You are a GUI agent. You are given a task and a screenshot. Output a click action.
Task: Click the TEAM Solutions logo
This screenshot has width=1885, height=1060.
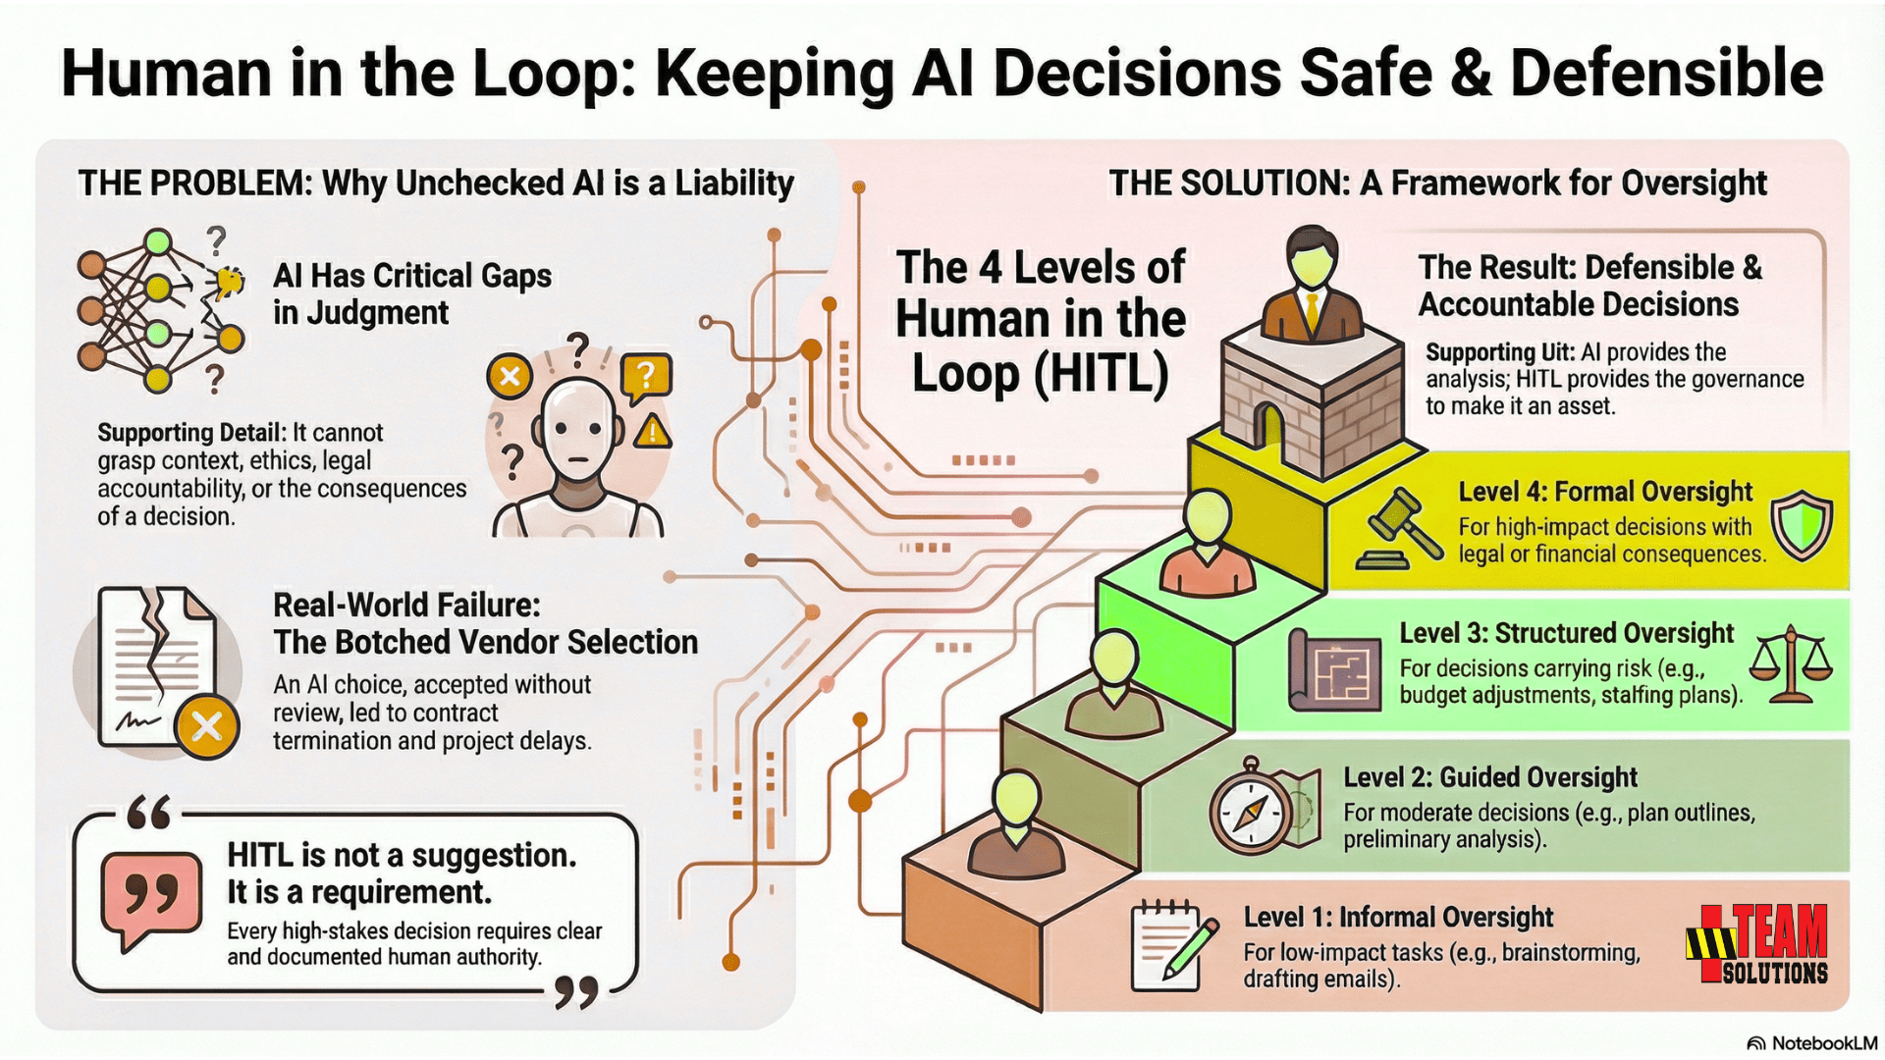click(x=1757, y=944)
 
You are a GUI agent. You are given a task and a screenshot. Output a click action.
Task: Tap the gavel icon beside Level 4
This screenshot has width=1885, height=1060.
click(x=1399, y=530)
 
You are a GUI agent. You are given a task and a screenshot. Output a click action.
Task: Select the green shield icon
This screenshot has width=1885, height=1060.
click(x=1802, y=525)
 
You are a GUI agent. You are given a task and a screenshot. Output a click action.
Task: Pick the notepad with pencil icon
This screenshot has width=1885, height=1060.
click(x=1170, y=944)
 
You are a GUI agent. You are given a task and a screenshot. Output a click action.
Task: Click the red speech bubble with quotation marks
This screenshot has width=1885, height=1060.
click(x=151, y=898)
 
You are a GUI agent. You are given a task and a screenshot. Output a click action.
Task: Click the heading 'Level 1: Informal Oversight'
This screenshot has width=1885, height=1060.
click(x=1398, y=917)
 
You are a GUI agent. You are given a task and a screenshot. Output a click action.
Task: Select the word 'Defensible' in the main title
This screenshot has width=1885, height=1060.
click(x=1666, y=74)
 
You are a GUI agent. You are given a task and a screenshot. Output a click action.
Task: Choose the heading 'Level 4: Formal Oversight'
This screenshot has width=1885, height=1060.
click(x=1604, y=491)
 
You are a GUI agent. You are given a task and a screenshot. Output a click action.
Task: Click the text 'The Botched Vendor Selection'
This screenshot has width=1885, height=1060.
click(x=485, y=642)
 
